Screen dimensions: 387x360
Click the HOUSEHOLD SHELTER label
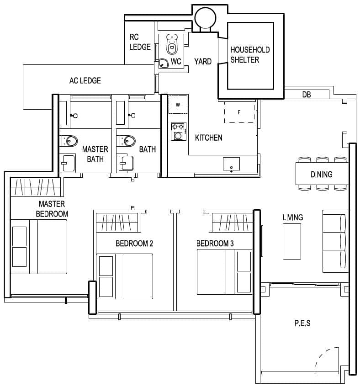[250, 55]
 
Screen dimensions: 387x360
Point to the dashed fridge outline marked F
[239, 111]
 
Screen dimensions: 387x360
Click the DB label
[307, 95]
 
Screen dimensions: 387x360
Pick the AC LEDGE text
[85, 80]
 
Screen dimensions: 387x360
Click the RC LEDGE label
[140, 42]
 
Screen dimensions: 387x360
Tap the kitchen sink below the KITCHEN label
[231, 164]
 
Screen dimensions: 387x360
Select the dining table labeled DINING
[321, 174]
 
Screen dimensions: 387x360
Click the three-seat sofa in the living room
[335, 240]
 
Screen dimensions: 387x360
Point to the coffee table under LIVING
[291, 242]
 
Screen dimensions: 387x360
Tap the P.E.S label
[302, 323]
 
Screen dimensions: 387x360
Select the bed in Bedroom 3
[224, 272]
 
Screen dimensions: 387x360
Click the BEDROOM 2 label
[134, 244]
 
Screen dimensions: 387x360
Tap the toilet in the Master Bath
[69, 141]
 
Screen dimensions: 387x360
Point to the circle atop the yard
[203, 18]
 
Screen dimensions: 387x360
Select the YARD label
[202, 61]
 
